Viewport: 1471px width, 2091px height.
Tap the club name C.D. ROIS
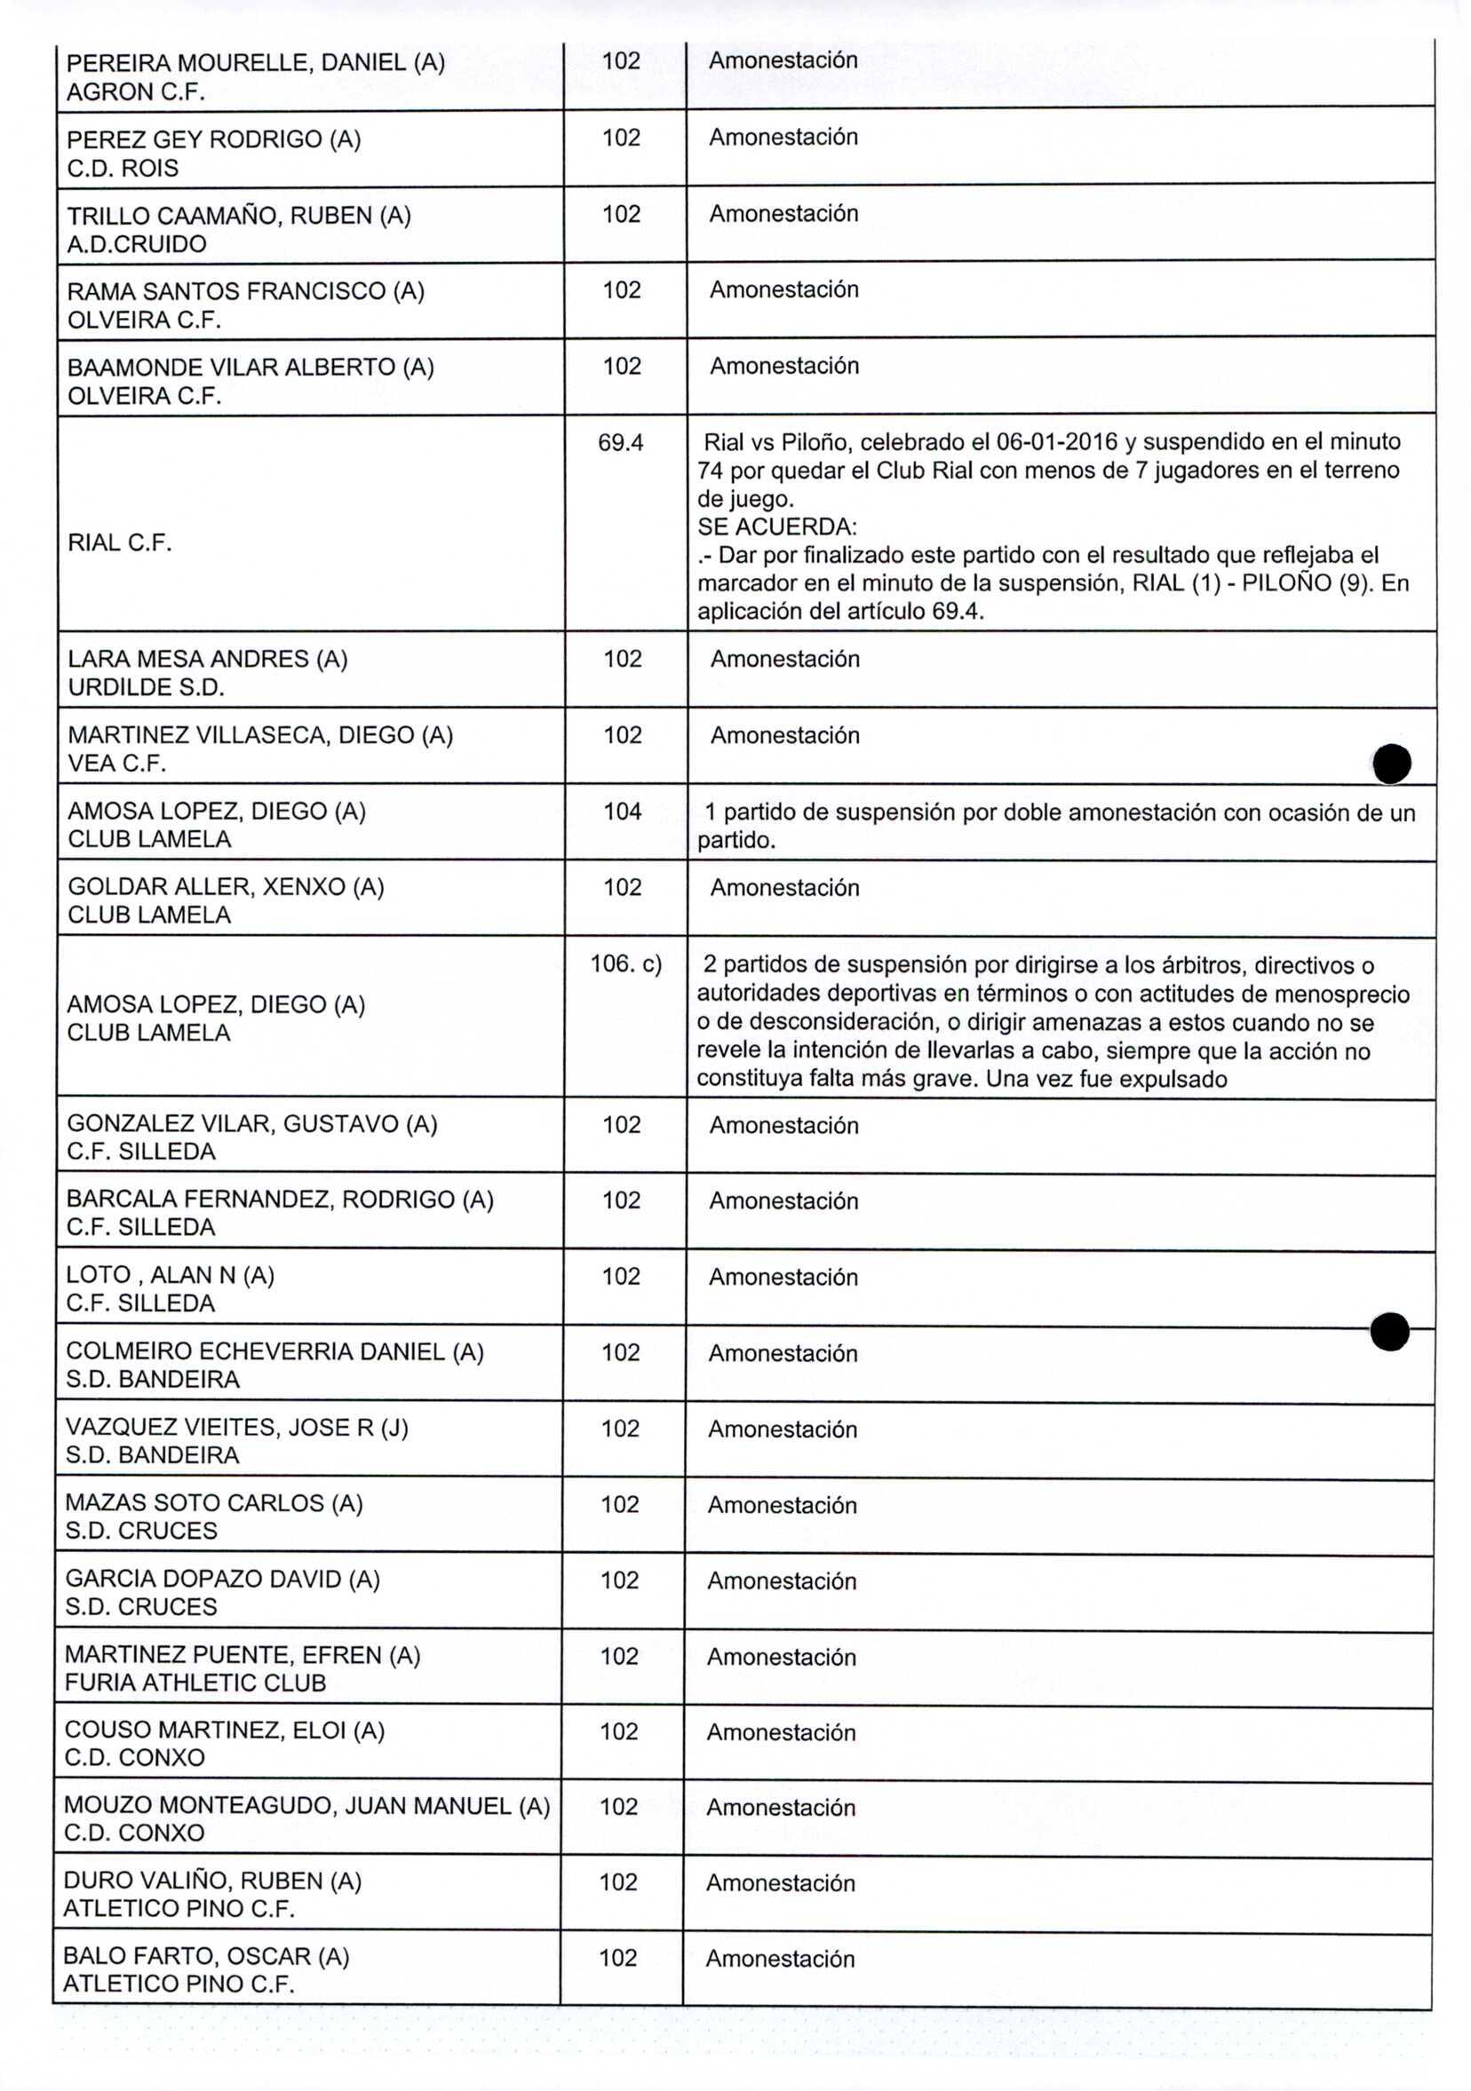(x=123, y=169)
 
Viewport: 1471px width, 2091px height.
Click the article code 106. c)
(x=625, y=963)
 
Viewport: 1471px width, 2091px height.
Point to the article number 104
(x=622, y=811)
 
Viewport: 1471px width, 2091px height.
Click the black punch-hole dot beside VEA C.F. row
(x=1392, y=764)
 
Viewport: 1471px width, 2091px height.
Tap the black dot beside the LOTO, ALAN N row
(x=1389, y=1332)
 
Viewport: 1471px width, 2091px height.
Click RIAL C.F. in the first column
(x=119, y=543)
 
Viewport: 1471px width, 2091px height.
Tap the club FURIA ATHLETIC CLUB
(x=195, y=1682)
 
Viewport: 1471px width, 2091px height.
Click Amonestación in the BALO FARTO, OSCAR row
(x=780, y=1959)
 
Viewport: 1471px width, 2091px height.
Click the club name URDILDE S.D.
(x=146, y=687)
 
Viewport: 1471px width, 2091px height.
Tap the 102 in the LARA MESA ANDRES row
(x=622, y=659)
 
